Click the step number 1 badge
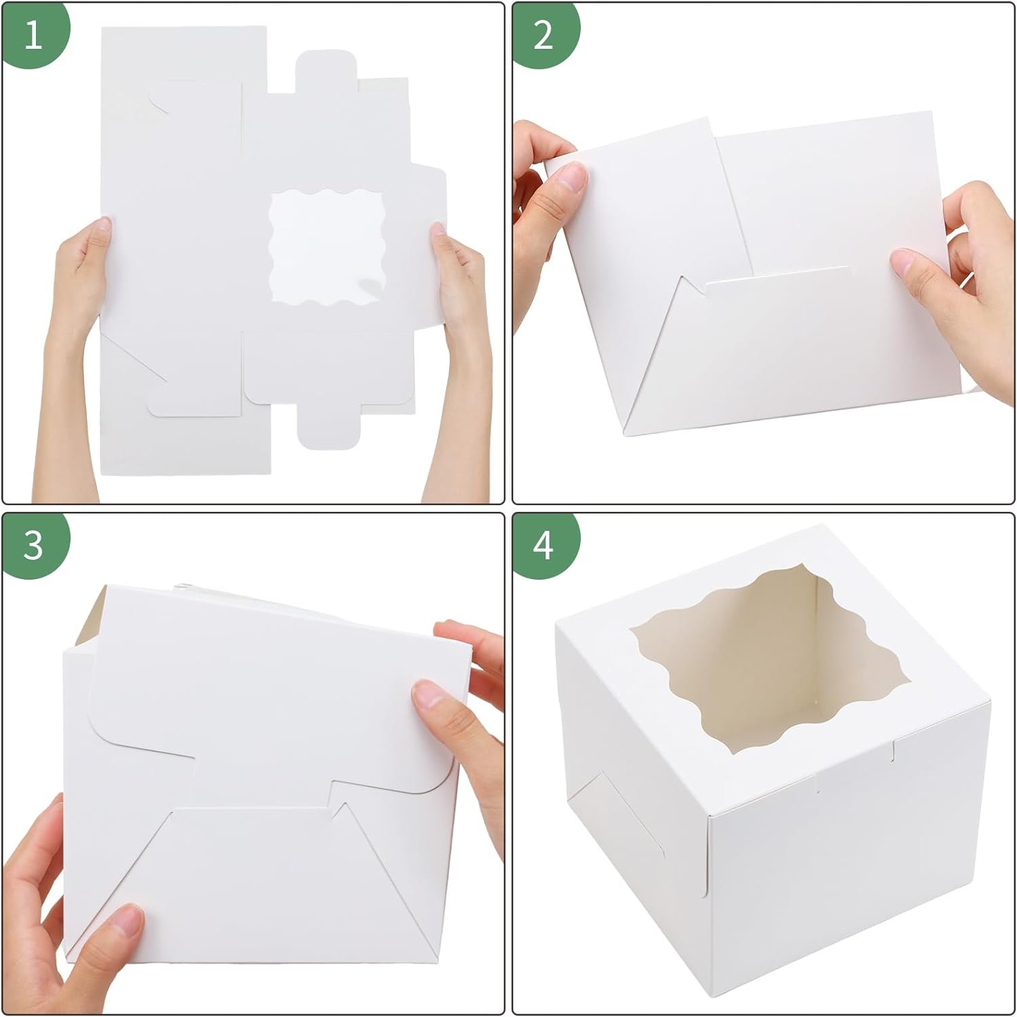[33, 34]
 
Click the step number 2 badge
[542, 34]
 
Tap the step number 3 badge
[33, 544]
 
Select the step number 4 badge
[542, 544]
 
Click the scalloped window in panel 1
[326, 244]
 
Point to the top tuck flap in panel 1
[326, 71]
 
